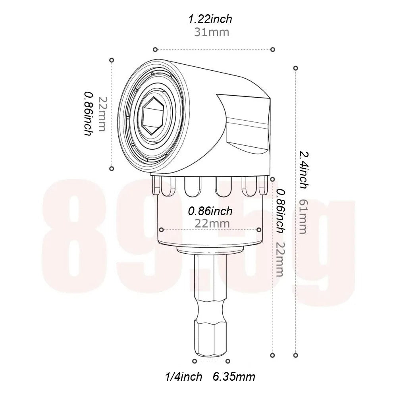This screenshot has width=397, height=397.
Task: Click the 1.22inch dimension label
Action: (210, 18)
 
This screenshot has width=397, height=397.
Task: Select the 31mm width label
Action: (211, 32)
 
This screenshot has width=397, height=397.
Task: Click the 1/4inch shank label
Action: (184, 376)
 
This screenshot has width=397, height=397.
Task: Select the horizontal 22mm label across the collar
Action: (212, 224)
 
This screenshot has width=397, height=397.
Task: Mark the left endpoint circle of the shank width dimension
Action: (195, 361)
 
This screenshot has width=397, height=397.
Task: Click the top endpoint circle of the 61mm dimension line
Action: (295, 68)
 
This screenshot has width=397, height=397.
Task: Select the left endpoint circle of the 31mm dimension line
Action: (156, 49)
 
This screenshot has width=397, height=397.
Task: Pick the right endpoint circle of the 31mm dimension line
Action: (273, 49)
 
